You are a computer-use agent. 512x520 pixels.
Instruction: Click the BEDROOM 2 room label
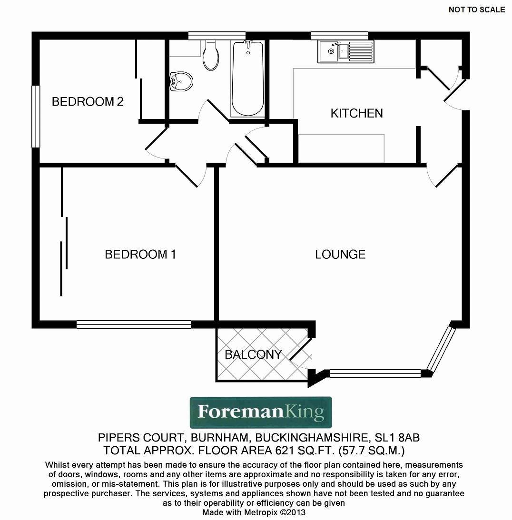(88, 101)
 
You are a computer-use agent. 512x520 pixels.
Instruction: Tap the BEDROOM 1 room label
(140, 255)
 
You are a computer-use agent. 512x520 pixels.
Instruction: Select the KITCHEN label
(356, 113)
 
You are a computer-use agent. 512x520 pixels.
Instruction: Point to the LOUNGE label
(340, 255)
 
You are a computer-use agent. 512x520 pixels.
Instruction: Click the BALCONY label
(253, 354)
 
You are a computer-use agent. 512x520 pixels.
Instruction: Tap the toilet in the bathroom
(211, 55)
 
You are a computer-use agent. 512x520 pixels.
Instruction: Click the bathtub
(248, 79)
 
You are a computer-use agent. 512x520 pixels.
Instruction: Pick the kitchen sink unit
(346, 51)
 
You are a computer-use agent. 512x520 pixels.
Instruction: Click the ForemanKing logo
(261, 412)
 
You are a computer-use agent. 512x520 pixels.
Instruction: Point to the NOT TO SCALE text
(477, 10)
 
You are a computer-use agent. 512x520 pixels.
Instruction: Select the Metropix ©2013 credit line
(254, 512)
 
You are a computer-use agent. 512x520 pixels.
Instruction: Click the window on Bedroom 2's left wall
(36, 117)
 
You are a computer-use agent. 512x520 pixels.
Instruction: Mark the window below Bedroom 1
(134, 324)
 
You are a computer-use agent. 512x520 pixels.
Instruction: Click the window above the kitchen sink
(339, 36)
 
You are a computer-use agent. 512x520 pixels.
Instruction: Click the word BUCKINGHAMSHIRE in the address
(312, 438)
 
